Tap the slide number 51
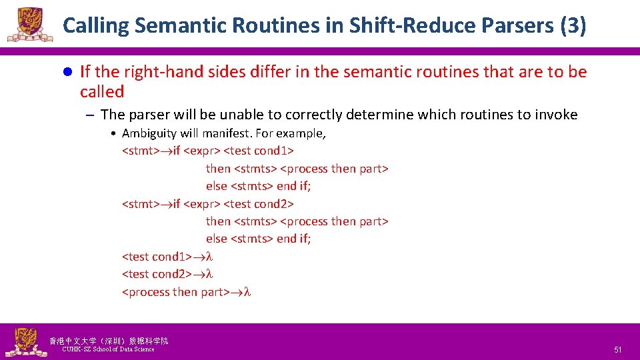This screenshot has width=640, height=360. coord(617,350)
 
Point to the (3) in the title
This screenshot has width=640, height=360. coord(573,26)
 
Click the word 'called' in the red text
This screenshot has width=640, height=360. coord(102,92)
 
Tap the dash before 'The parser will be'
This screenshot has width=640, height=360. coord(89,115)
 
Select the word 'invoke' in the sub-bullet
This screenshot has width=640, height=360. coord(555,115)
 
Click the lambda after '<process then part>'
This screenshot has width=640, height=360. coord(247,292)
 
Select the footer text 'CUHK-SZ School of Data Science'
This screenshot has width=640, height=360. coord(108,349)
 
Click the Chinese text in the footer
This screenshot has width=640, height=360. coord(109,341)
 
